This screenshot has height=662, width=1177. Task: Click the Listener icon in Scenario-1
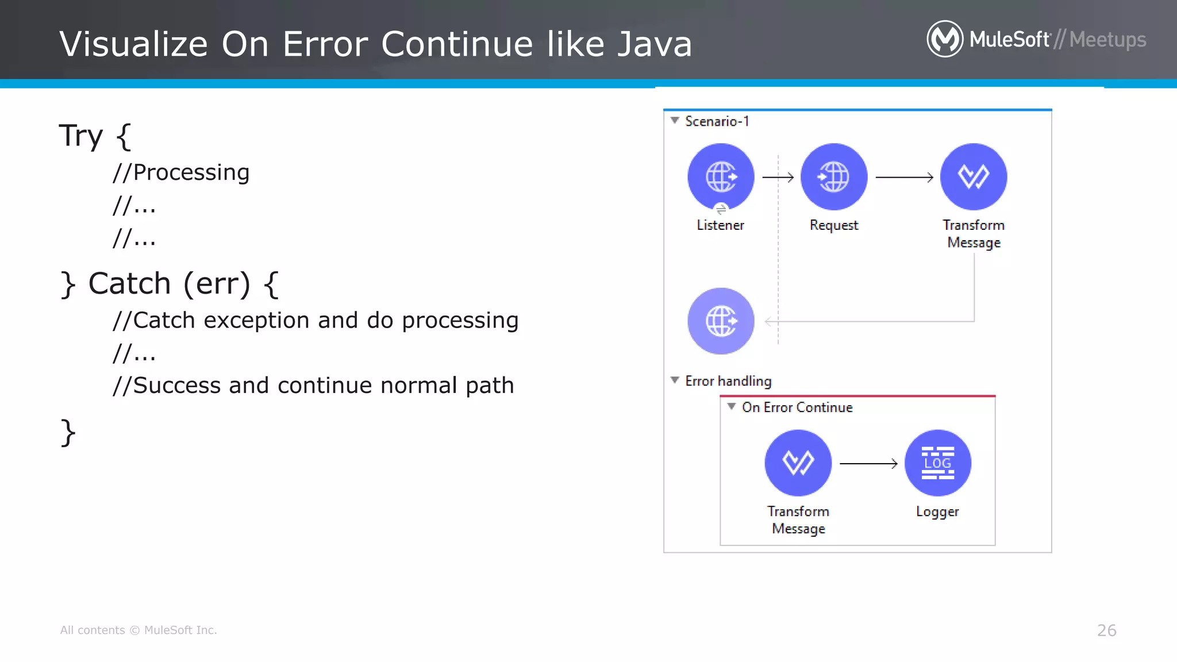point(721,176)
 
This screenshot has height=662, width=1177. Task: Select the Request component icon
point(833,176)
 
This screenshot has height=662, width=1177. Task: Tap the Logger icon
point(937,463)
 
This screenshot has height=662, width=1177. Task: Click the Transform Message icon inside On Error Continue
point(798,463)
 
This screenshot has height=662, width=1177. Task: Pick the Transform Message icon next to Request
point(973,176)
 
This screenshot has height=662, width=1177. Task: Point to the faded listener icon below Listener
point(721,321)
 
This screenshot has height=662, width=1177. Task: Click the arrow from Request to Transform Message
point(903,178)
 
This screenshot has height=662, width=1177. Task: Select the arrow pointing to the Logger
point(868,463)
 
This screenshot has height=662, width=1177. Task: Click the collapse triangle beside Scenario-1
point(675,121)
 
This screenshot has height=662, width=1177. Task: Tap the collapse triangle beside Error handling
point(675,380)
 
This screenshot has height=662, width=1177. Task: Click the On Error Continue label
point(797,407)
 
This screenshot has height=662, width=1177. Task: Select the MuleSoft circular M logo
point(944,39)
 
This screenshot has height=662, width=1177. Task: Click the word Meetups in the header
point(1107,40)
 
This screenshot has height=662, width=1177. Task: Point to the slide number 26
point(1106,630)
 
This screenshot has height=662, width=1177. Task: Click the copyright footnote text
point(139,630)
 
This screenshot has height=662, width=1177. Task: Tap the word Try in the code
point(81,137)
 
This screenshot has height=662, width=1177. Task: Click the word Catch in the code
point(129,284)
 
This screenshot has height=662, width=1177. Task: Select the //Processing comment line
point(181,172)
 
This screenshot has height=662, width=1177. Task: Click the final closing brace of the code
point(68,432)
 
